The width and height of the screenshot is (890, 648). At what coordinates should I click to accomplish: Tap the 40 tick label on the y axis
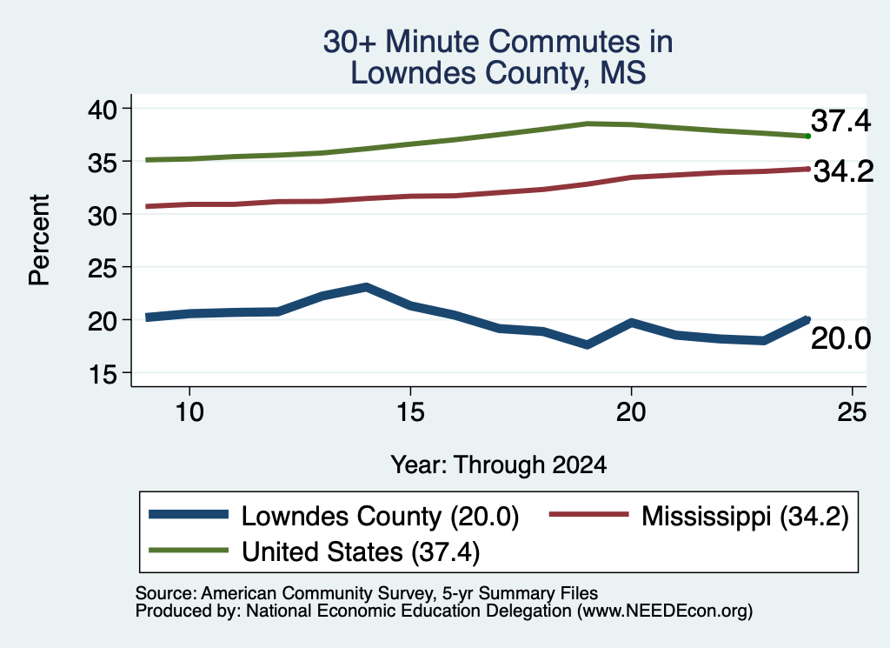tap(103, 109)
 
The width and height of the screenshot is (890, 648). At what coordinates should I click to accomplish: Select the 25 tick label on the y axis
tap(103, 268)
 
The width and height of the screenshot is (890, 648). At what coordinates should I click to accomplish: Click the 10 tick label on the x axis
tap(189, 411)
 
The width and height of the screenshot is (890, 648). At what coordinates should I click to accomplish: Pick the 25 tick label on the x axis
tap(852, 411)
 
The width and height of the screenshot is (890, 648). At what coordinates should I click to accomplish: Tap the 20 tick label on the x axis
tap(631, 411)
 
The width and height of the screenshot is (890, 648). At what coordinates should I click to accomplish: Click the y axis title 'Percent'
tap(40, 240)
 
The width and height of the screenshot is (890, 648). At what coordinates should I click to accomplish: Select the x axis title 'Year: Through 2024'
tap(498, 465)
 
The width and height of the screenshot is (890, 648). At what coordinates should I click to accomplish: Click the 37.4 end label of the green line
tap(840, 121)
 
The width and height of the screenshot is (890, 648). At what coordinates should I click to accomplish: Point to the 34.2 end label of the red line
tap(843, 171)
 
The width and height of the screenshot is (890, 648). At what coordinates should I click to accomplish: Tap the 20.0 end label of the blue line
tap(840, 339)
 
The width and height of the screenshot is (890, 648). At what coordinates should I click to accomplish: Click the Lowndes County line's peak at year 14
tap(366, 287)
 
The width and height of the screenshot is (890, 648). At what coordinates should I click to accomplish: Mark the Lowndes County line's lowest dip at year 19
tap(587, 344)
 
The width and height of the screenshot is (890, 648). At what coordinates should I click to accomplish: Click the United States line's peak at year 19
tap(588, 124)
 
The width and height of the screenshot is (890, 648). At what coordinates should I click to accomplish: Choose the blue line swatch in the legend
tap(189, 515)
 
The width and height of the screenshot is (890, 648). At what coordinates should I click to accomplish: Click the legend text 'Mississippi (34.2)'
tap(745, 517)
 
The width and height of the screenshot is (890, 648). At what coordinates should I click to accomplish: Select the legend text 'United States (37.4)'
tap(361, 552)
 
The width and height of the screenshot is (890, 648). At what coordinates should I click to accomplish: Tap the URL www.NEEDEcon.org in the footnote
tap(665, 611)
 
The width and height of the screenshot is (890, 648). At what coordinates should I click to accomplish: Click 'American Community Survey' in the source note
tap(316, 593)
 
